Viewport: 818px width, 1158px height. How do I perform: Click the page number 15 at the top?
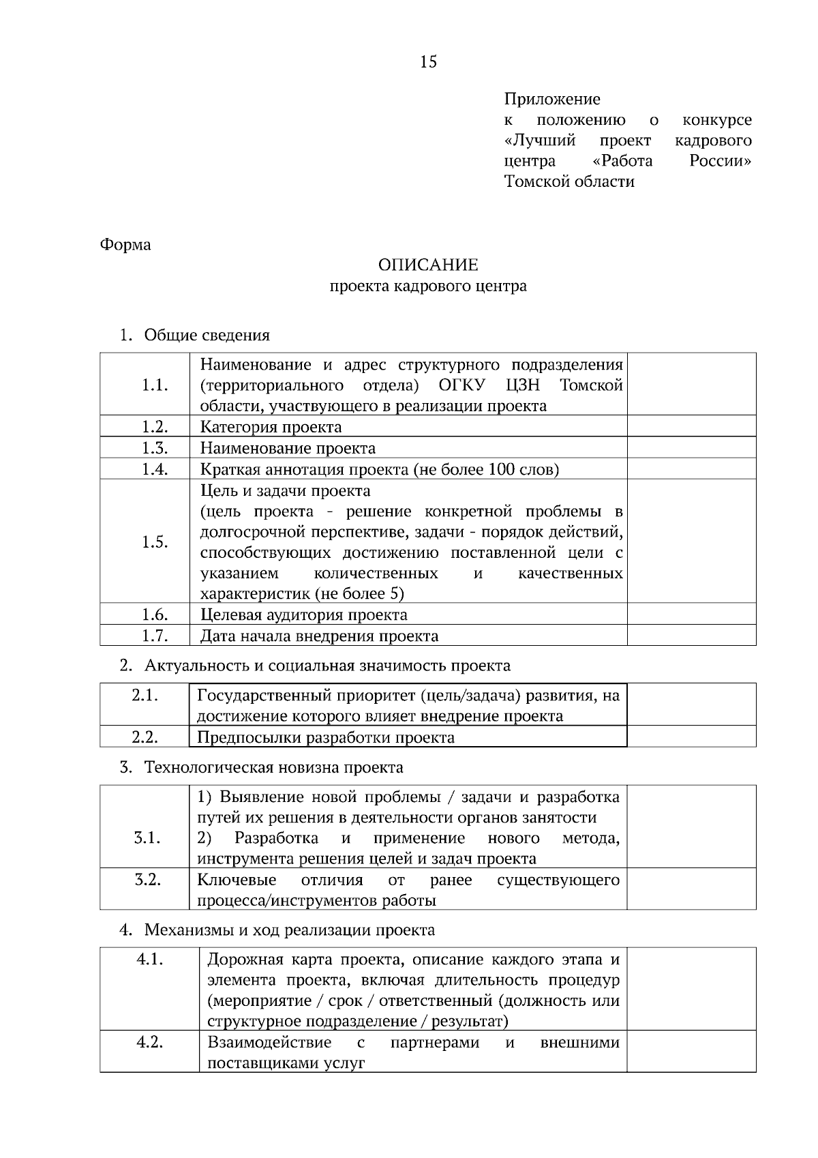[429, 62]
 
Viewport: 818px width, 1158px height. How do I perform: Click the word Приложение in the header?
[552, 100]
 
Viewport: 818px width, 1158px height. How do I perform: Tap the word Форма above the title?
[125, 244]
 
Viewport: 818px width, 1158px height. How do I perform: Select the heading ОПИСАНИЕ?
[428, 265]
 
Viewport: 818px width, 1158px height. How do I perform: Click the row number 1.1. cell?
[155, 385]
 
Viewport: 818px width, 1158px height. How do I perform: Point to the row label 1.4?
[155, 469]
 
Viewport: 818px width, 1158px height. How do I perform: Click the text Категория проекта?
[271, 427]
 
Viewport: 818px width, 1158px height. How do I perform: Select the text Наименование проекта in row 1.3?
[288, 448]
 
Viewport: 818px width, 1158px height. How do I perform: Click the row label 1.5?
[155, 542]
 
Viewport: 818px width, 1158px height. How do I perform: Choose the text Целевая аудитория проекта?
[303, 614]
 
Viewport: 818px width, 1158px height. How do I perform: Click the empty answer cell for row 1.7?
[691, 636]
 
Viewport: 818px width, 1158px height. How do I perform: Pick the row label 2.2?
[145, 737]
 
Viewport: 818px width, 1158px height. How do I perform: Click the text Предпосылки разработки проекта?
[325, 737]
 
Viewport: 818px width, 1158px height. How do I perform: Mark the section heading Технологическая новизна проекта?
[273, 767]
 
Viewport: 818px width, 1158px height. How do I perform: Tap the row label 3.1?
[147, 837]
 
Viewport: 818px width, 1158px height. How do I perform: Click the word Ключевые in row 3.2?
[237, 880]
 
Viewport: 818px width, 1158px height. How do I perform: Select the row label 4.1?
[150, 959]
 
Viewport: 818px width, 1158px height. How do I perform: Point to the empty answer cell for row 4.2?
[691, 1051]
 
